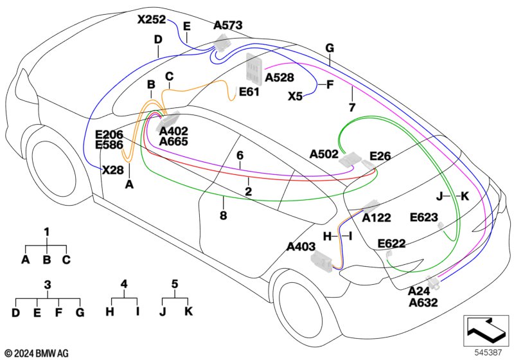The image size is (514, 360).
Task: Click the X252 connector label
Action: pos(152,20)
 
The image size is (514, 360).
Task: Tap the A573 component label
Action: pos(228,25)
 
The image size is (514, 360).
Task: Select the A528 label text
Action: pos(279,78)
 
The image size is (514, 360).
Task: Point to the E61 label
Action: pos(249,92)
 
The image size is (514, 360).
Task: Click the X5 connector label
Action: pos(295,96)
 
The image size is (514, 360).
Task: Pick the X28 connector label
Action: pos(113,170)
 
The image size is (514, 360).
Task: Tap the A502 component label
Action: pos(324,154)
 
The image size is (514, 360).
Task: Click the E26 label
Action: pos(380,156)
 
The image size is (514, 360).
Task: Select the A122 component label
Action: pos(377,218)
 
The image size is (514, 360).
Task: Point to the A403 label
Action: pos(301,247)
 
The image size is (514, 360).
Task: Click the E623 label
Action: pos(424,217)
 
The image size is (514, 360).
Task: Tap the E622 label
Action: pos(392,244)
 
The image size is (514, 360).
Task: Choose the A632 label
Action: pos(423,303)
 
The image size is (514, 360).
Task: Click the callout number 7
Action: pos(352,107)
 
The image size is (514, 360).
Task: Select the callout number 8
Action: pos(223,215)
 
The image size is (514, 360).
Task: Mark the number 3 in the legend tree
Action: pos(48,285)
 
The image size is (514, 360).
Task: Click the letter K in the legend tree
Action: pos(188,311)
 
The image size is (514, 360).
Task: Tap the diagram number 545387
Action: pos(488,352)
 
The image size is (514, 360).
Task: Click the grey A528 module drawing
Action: pos(254,67)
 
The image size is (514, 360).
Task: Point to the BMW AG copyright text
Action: pos(37,354)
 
